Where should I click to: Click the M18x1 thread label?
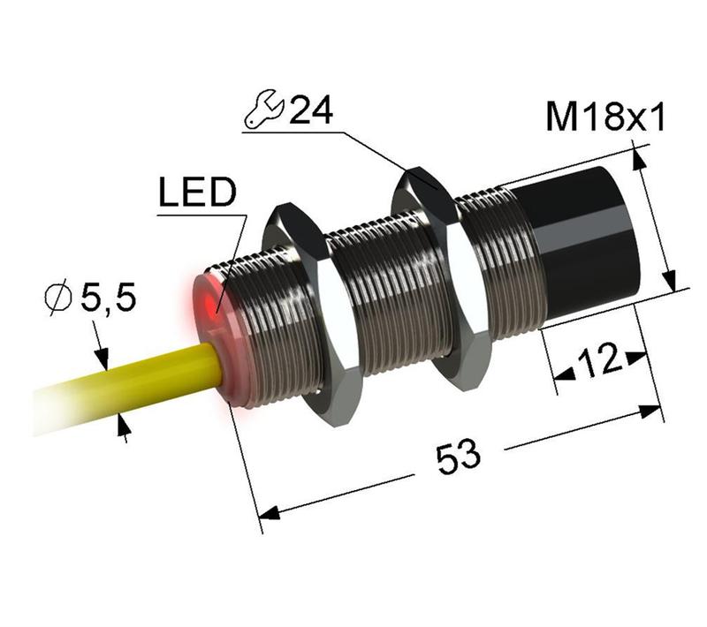(604, 118)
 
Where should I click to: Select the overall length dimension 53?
(458, 456)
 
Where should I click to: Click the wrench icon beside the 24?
(263, 110)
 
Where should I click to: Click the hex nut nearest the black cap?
(442, 278)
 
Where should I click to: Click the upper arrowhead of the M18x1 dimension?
(637, 160)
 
